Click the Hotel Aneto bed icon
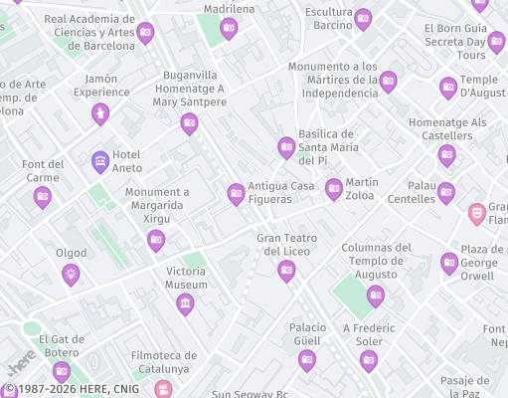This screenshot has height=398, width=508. tap(100, 160)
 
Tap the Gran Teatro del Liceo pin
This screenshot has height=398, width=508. tap(286, 270)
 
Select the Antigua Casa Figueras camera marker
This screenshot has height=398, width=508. tap(236, 193)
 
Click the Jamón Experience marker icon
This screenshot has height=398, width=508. tap(99, 114)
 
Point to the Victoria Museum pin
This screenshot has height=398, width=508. tap(185, 303)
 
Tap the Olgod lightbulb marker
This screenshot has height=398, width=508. tap(71, 273)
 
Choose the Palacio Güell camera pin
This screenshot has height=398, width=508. tap(307, 360)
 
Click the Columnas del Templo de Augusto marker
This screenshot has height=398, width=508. tap(376, 295)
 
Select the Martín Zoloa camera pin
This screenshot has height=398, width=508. tap(334, 187)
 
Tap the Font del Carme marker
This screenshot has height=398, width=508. tap(42, 196)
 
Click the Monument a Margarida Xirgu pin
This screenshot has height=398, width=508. tap(156, 239)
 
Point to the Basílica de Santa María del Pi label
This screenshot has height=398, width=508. tap(327, 147)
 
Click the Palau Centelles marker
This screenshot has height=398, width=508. tap(445, 192)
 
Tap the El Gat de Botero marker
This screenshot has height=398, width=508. tap(62, 371)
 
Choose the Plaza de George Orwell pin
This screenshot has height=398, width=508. tap(449, 263)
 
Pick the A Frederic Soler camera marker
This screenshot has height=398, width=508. tap(369, 360)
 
